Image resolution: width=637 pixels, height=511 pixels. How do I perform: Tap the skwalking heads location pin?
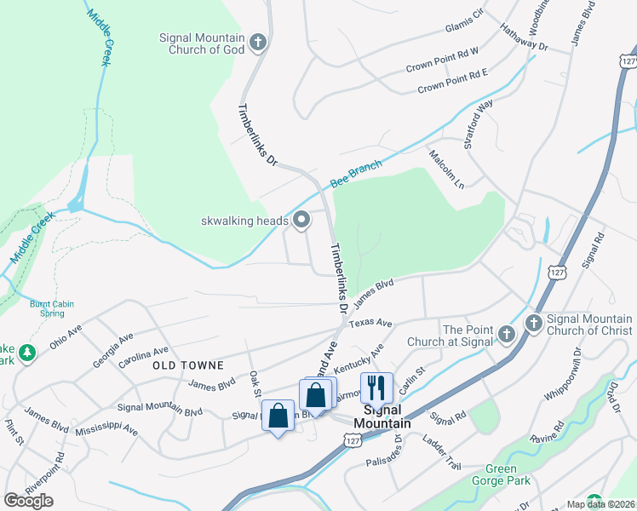click(301, 221)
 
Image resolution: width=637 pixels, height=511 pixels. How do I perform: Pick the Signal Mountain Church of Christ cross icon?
click(534, 323)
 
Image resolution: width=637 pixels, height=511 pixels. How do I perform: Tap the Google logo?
click(28, 501)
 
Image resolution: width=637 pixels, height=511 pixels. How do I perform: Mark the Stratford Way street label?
click(479, 124)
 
